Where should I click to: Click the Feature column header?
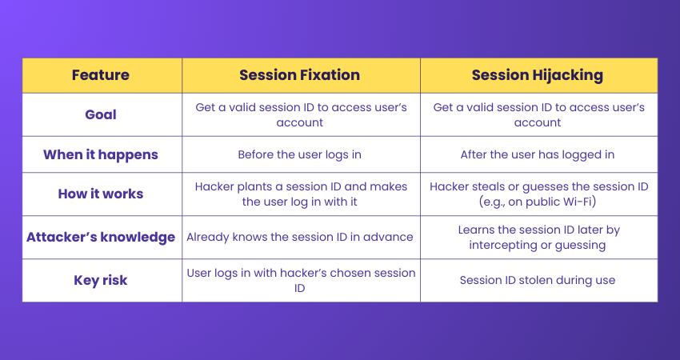tap(101, 75)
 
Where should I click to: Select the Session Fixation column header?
tap(300, 75)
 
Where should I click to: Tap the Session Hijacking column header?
tap(538, 75)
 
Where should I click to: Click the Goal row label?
tap(101, 114)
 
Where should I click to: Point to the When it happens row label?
tap(101, 155)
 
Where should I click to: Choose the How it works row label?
tap(101, 194)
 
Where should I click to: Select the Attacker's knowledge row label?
tap(101, 238)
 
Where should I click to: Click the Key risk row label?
tap(101, 280)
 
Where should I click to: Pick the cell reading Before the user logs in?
tap(300, 155)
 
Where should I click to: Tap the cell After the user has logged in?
tap(538, 155)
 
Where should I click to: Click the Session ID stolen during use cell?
tap(538, 280)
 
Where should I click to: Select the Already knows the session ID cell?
tap(300, 238)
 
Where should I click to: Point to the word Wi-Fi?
tap(578, 202)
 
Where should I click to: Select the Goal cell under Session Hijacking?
tap(539, 115)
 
